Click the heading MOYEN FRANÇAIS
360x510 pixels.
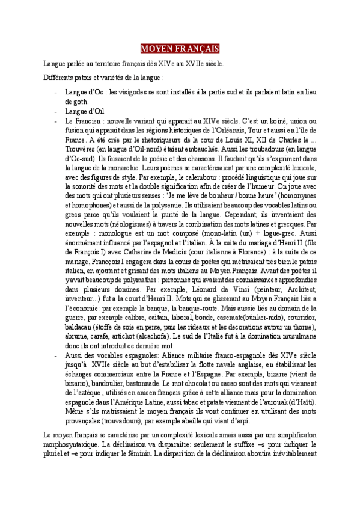[180, 48]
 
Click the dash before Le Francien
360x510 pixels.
[56, 121]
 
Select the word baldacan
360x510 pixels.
[79, 328]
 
